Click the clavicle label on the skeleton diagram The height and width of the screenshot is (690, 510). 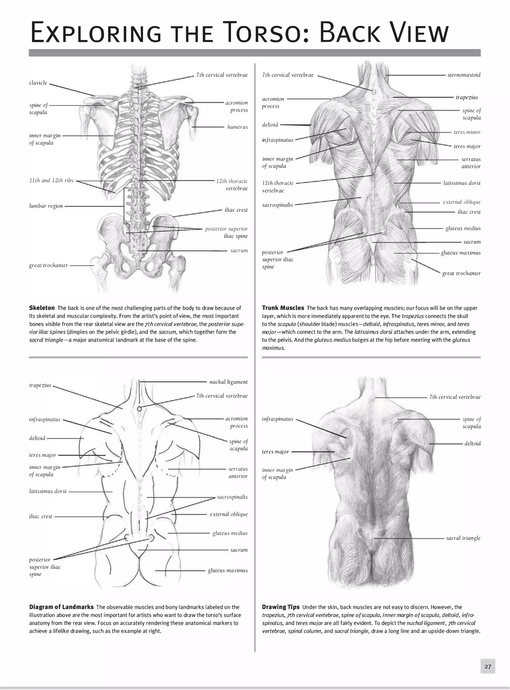point(38,83)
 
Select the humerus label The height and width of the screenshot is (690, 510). point(237,127)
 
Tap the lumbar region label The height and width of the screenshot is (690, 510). point(46,206)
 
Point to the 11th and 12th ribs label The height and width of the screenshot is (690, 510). point(51,180)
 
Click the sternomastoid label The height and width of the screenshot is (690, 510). point(464,75)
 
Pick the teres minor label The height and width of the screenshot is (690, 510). point(467,132)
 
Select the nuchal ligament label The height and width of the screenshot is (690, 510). point(228,382)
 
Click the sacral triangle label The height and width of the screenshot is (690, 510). point(463,538)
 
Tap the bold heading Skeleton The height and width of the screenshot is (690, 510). point(42,308)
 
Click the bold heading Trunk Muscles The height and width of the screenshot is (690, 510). point(283,308)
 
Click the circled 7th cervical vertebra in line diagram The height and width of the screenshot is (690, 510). point(139,409)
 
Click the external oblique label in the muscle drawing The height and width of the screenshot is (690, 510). point(461,202)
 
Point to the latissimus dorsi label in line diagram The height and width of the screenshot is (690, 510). point(48,491)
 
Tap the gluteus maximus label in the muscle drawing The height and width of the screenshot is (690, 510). point(461,252)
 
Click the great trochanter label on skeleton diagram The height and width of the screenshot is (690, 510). point(49,265)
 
